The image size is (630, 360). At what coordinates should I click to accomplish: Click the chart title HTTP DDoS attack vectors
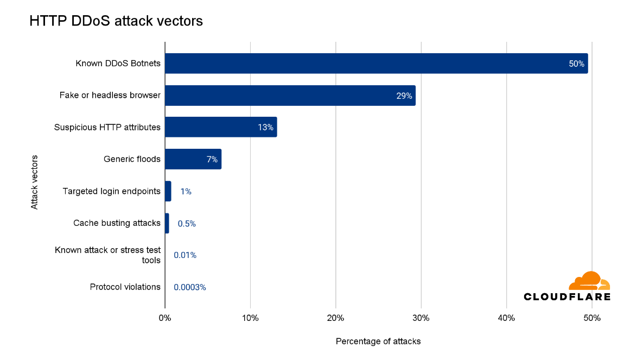click(116, 21)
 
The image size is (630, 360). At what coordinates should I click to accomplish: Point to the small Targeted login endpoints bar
click(168, 191)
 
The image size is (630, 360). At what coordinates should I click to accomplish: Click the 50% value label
click(576, 64)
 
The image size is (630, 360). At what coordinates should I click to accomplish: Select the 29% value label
click(404, 96)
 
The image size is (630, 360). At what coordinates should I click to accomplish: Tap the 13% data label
click(265, 127)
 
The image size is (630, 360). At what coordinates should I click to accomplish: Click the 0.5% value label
click(187, 223)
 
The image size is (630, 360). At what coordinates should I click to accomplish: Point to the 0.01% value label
click(185, 255)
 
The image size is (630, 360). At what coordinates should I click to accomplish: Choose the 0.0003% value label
click(190, 287)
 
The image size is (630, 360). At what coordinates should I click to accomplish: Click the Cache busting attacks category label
click(117, 223)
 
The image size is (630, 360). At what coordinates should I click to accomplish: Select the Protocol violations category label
click(125, 287)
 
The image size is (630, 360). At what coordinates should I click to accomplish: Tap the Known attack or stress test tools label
click(108, 255)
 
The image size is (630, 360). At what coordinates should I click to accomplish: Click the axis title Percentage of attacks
click(378, 342)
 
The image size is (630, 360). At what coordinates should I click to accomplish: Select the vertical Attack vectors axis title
click(34, 182)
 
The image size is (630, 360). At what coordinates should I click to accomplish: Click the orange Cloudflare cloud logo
click(589, 281)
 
